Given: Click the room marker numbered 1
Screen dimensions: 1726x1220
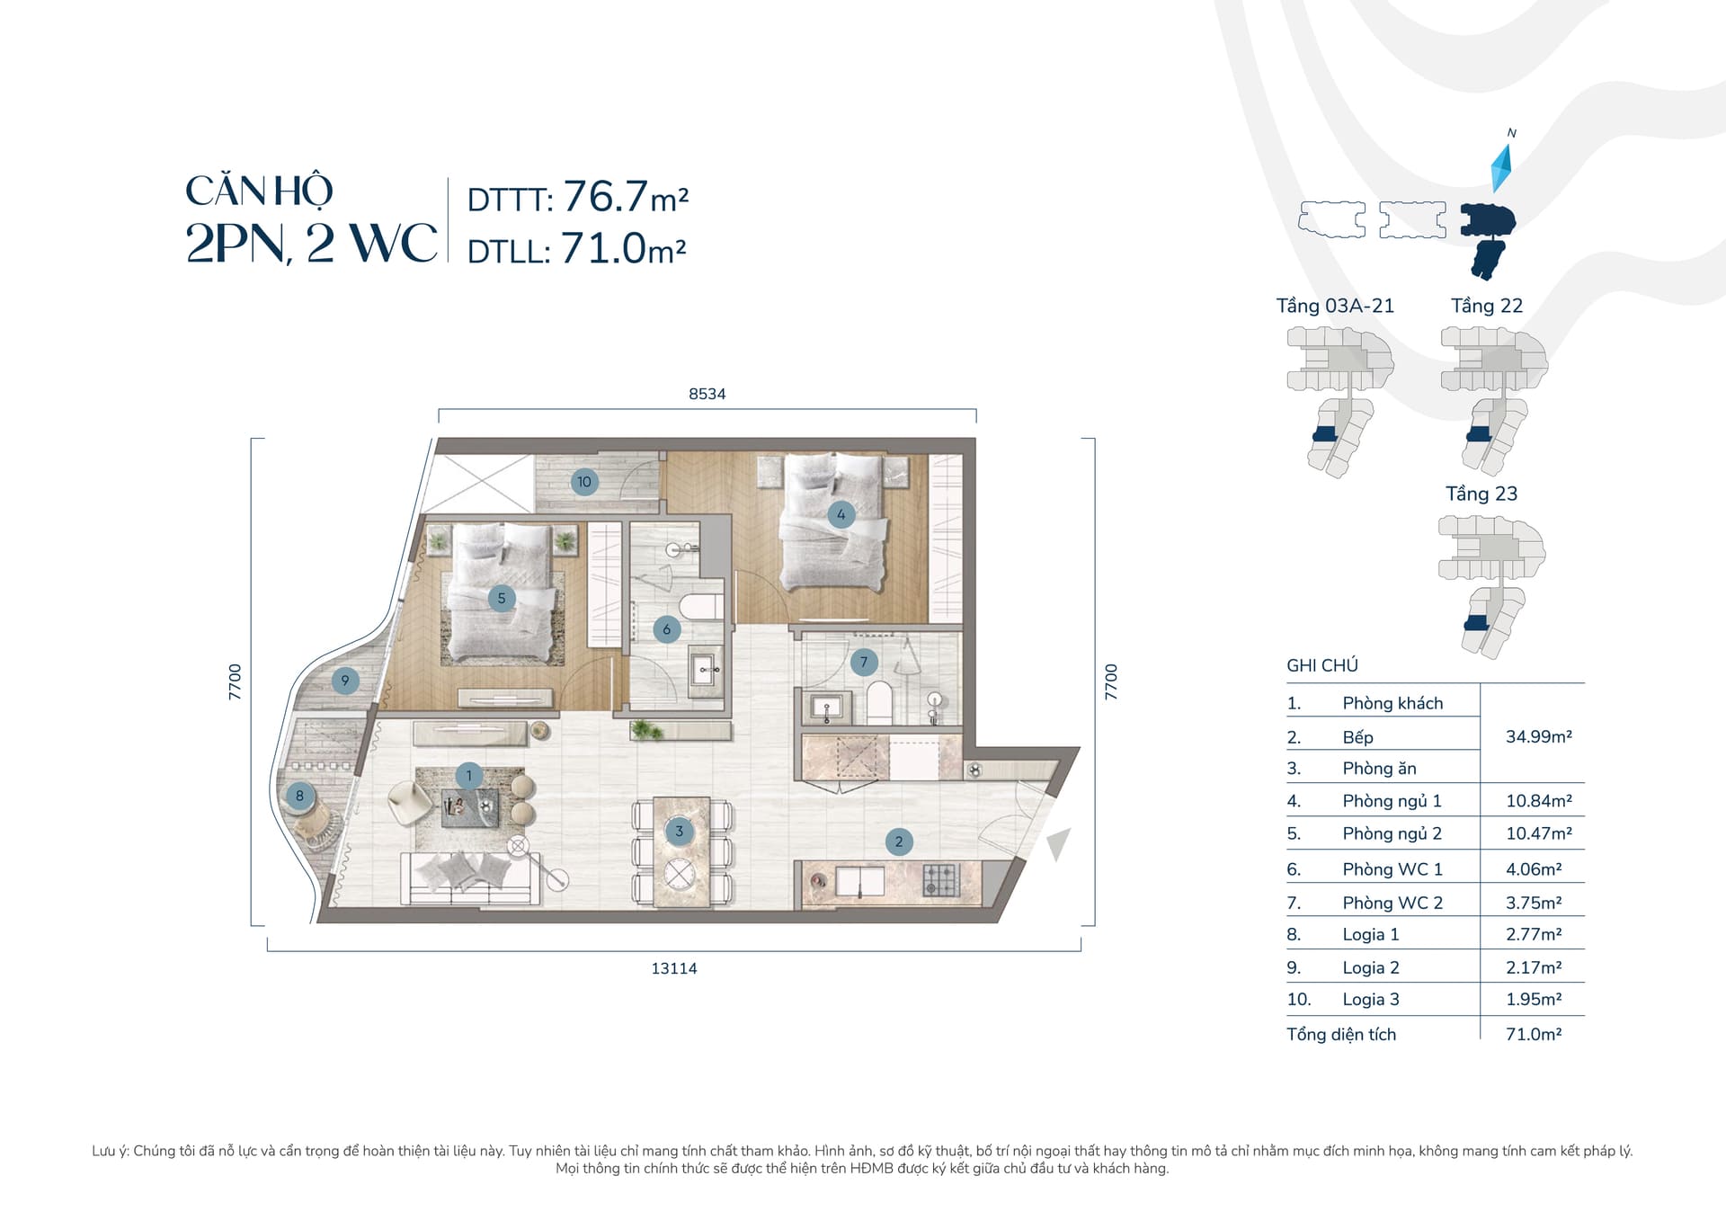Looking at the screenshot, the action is (x=468, y=775).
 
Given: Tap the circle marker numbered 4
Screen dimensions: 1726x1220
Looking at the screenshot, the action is (x=841, y=514).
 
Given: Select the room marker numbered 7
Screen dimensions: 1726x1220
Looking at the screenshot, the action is (x=864, y=663).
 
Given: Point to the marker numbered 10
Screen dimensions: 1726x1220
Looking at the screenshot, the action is (x=584, y=482).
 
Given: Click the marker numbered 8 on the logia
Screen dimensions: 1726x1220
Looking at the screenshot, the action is (x=300, y=796).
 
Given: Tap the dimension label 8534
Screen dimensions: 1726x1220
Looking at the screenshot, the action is (x=707, y=394).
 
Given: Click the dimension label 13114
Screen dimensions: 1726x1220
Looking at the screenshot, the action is (x=674, y=968).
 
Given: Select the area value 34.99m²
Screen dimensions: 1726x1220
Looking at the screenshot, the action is (x=1539, y=736).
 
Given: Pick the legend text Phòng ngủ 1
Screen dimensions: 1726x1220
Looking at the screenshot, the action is (x=1392, y=801).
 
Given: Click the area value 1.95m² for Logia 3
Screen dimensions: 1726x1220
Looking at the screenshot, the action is (x=1534, y=999).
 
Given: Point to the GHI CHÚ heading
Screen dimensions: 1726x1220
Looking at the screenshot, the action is (x=1322, y=665).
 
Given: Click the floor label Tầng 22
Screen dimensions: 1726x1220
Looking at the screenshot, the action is (x=1487, y=306).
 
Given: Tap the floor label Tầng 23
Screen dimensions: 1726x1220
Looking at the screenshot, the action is (x=1481, y=494).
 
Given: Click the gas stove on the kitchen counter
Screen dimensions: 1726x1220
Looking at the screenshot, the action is (x=941, y=879).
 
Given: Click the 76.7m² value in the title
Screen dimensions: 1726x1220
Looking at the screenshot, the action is (x=626, y=196).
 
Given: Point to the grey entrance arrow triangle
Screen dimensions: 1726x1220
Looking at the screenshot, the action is (x=1058, y=844).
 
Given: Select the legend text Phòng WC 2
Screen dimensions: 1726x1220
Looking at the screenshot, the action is (x=1392, y=903).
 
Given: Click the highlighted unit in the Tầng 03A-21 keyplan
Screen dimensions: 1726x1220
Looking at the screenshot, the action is (x=1325, y=435).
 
